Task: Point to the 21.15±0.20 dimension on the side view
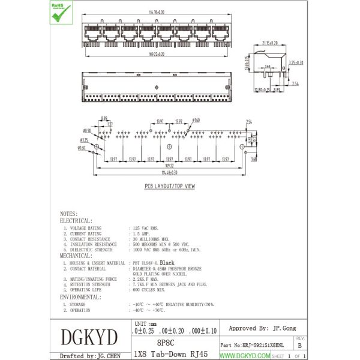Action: coord(270,43)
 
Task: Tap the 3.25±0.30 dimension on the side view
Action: coord(296,62)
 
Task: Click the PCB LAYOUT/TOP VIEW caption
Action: coord(169,187)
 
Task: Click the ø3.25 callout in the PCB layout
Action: coord(84,140)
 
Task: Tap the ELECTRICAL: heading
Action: coord(76,221)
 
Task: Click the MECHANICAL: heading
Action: coord(76,256)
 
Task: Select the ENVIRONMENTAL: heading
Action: coord(80,297)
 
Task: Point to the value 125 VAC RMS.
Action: coord(145,229)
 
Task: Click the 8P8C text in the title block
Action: coord(166,343)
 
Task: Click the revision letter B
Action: coord(299,346)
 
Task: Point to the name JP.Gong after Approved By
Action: coord(284,329)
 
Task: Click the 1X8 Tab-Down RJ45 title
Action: coord(171,354)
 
